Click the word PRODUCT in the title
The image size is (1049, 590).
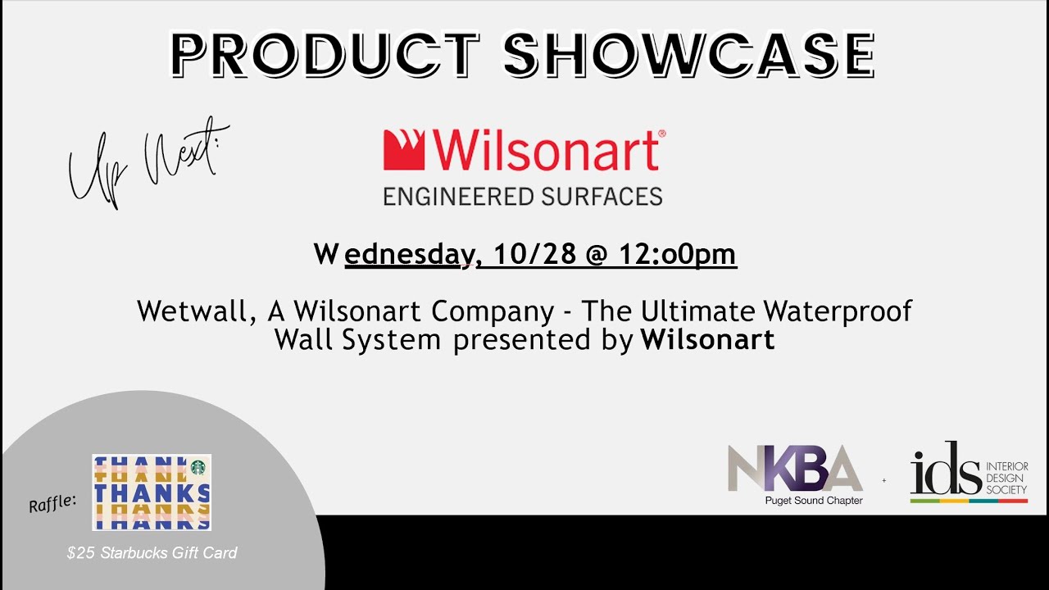[x=325, y=56]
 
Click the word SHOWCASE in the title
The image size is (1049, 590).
[x=688, y=56]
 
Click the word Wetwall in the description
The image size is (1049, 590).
[x=188, y=311]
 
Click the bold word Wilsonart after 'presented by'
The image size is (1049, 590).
[x=707, y=339]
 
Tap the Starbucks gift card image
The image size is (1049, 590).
[x=151, y=492]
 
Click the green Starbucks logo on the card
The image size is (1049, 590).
[x=198, y=466]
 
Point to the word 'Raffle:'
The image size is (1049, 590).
[x=52, y=503]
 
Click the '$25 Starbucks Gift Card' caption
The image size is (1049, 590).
[x=152, y=553]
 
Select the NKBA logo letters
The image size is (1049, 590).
[x=794, y=468]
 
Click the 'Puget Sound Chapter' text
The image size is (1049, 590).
[x=814, y=501]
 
